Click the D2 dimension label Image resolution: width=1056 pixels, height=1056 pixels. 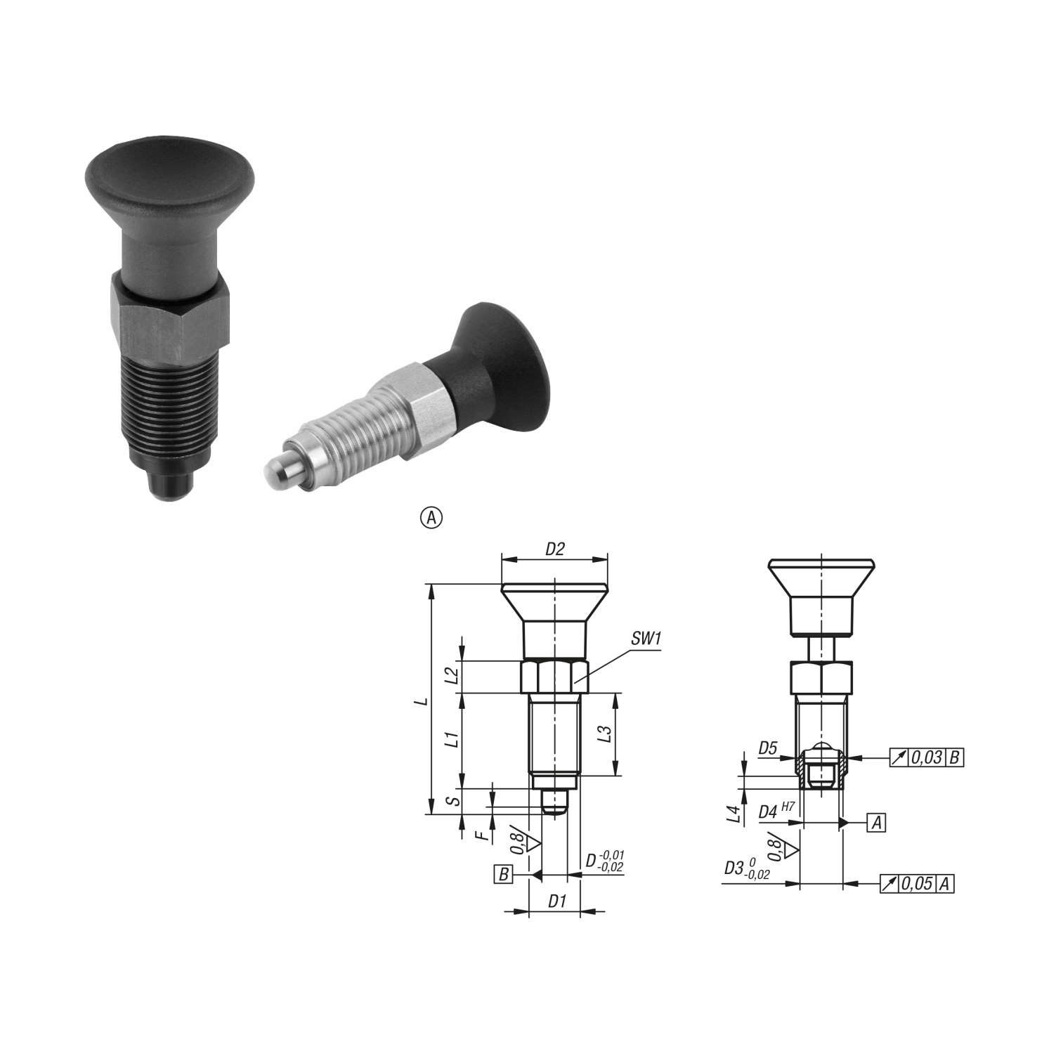[555, 549]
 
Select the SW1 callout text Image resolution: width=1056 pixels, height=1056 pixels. [646, 639]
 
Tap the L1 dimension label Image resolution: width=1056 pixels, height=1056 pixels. [454, 739]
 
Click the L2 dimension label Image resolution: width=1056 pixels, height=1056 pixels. [454, 676]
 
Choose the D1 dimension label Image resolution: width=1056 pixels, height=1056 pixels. [557, 901]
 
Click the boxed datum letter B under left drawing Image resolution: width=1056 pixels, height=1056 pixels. [503, 875]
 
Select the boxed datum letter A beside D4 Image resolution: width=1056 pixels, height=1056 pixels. [876, 823]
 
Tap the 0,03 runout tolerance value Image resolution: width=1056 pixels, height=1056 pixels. [927, 758]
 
